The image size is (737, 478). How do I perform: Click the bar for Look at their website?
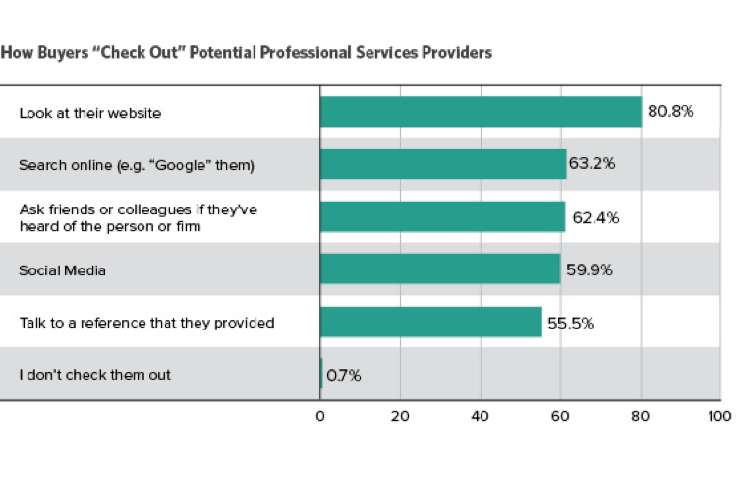[481, 112]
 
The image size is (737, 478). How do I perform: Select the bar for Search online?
[443, 164]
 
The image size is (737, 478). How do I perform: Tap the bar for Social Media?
[440, 269]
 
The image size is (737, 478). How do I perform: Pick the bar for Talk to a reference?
[431, 322]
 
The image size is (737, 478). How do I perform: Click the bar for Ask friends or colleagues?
[442, 216]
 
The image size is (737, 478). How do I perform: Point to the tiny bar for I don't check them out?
[321, 374]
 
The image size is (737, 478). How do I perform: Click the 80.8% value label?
[670, 112]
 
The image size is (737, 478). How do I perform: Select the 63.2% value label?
[593, 164]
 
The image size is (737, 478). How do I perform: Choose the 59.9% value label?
[588, 269]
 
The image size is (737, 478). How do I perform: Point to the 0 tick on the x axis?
[320, 417]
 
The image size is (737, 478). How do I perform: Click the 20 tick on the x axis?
[400, 417]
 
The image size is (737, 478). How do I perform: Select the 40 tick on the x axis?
[480, 417]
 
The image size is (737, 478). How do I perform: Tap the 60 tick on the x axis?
[560, 417]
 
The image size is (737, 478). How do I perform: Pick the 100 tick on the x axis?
[718, 417]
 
